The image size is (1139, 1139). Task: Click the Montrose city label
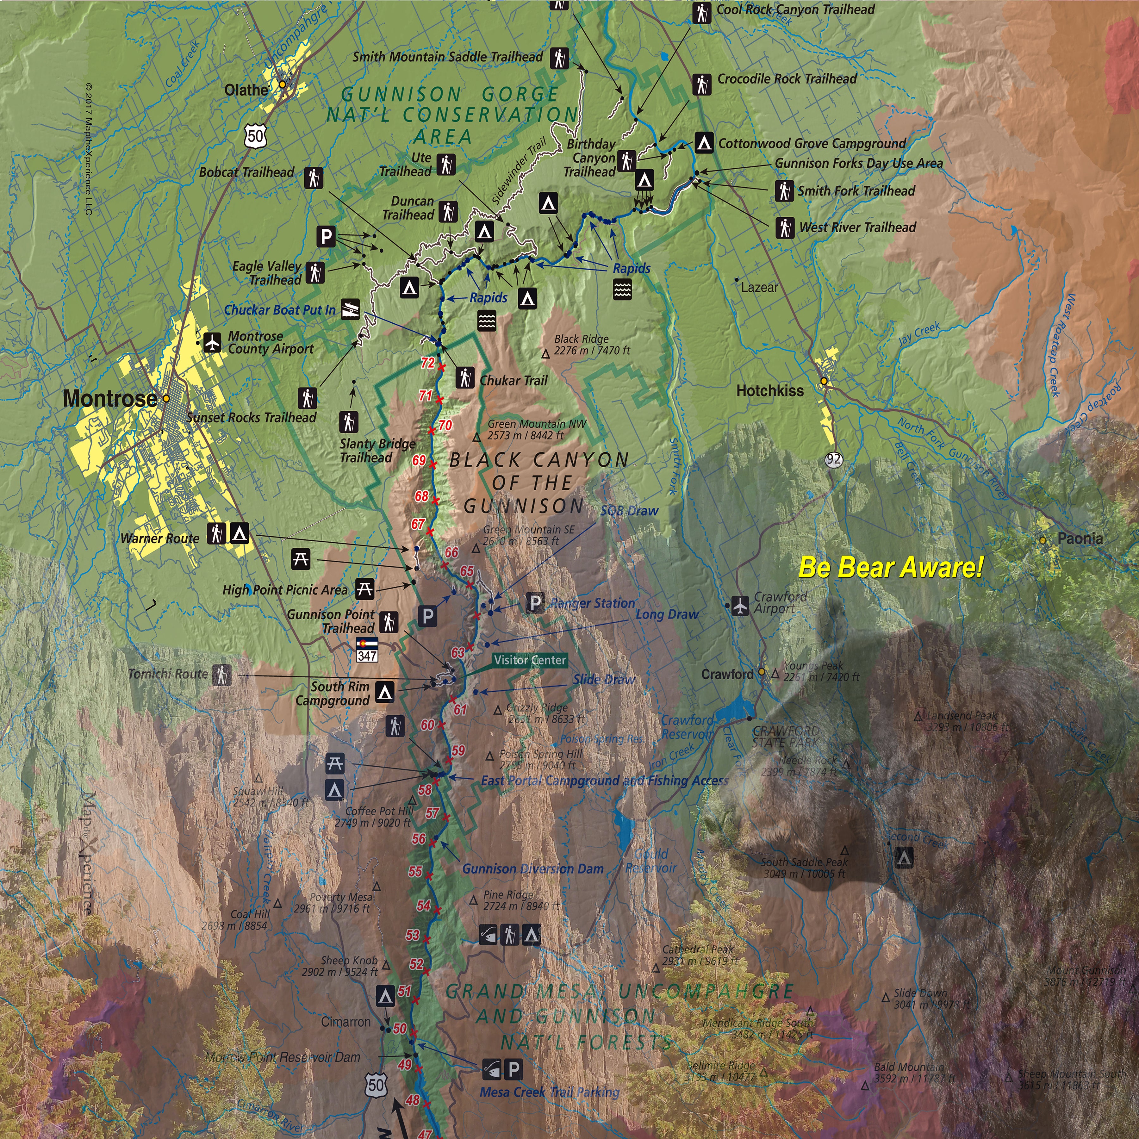110,399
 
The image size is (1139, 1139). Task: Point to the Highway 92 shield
834,460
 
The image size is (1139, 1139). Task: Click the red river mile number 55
416,871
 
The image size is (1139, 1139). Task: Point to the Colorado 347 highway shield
367,649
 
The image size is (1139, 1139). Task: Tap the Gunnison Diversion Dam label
532,869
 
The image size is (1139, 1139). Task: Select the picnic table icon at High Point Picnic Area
365,588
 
